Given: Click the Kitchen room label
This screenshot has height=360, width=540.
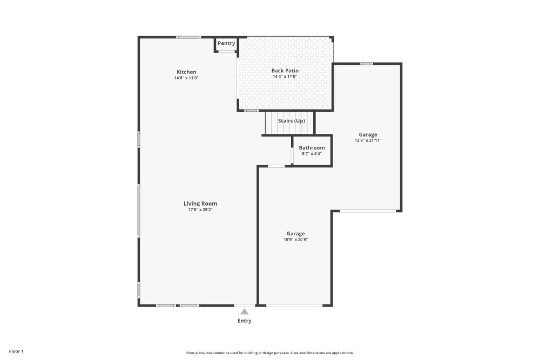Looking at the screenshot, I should [186, 72].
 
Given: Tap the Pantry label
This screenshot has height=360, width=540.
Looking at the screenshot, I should [226, 43].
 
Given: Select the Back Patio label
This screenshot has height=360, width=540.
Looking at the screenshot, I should [285, 71].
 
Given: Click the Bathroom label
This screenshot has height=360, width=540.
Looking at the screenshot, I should [312, 147].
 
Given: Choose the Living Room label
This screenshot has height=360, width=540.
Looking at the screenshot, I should [200, 203].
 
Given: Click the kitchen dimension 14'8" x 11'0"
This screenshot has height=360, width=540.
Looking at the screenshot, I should [186, 78].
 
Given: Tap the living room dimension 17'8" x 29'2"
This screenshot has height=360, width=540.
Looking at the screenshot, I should [200, 210].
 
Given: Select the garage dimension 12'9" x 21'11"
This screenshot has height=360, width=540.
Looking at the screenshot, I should [368, 141].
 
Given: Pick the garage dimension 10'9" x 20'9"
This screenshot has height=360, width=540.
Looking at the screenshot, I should [295, 240].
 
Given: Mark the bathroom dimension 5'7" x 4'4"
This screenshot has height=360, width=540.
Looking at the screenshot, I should [312, 154].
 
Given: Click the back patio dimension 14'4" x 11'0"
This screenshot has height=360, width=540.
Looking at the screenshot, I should [285, 77].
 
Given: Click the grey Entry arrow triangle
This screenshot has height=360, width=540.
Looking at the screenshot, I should [245, 311].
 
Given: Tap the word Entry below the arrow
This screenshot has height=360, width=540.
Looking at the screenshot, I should [245, 321].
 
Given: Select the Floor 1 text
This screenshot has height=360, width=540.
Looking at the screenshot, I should [16, 351].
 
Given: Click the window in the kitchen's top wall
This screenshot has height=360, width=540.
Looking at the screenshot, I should [189, 37].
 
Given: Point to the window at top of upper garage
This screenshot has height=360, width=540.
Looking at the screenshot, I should [367, 64].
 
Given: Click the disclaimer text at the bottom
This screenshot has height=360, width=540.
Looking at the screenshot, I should [269, 353].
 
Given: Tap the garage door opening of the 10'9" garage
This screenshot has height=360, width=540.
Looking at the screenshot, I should [294, 306].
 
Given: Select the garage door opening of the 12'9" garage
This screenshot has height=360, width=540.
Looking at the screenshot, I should [367, 210].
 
